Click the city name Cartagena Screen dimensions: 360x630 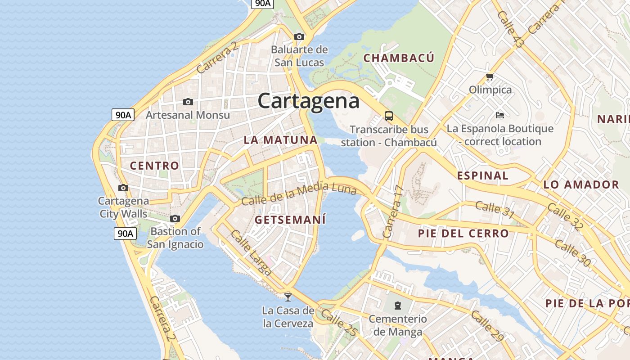(309, 101)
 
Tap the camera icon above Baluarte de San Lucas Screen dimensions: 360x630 (299, 36)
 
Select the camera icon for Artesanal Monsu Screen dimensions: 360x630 (188, 102)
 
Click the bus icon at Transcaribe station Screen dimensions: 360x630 (389, 116)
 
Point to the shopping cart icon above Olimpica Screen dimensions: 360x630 (490, 77)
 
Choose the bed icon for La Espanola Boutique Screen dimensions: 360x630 (499, 115)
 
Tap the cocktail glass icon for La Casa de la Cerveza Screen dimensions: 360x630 (288, 297)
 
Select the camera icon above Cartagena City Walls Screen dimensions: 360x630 (123, 188)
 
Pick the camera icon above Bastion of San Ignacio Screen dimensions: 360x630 (175, 219)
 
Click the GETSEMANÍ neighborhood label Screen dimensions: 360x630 (290, 220)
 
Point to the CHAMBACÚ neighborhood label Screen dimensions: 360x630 (399, 58)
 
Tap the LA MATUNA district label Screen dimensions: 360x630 (281, 140)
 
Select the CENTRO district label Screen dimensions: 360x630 (154, 166)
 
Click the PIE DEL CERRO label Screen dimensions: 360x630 (463, 234)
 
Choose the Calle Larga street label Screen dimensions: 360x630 (251, 252)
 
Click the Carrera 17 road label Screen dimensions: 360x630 (392, 211)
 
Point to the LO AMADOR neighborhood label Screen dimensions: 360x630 (581, 184)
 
